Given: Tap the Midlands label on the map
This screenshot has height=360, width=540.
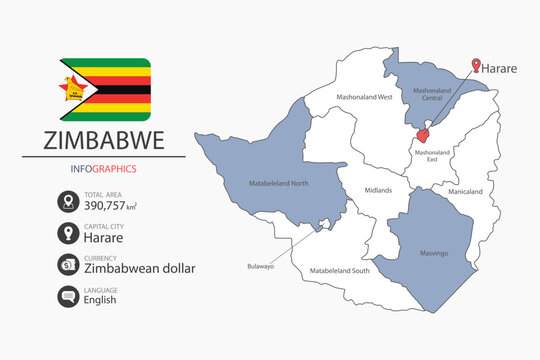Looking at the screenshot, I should (378, 190).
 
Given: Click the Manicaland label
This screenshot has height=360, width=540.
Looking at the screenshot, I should (465, 191).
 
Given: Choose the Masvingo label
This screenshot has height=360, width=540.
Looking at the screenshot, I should (433, 253).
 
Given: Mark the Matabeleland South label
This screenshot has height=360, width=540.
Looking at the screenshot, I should (339, 271).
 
